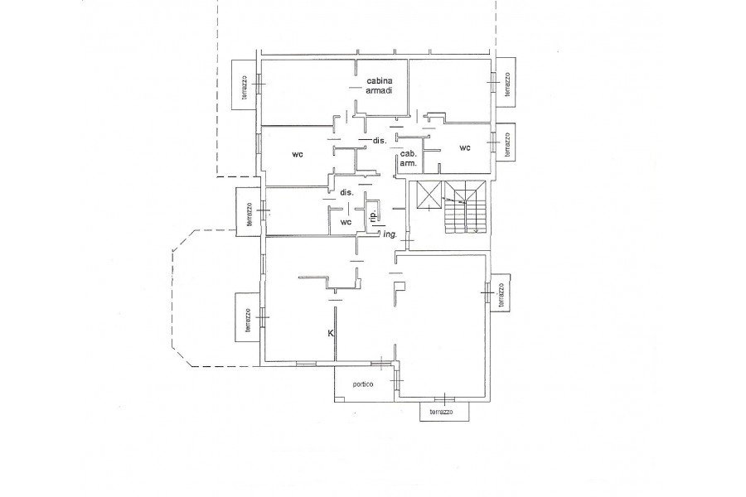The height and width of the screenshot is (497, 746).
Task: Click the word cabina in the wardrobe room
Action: [x=379, y=81]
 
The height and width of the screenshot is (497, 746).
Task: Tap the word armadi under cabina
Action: [x=379, y=91]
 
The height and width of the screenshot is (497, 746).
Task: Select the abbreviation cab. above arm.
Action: [x=409, y=154]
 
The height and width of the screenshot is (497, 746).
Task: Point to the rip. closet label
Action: [x=374, y=217]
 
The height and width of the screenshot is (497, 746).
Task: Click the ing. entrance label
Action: [x=390, y=234]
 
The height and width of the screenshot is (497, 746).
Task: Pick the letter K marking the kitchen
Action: [x=331, y=333]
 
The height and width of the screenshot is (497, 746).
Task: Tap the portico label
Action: [x=363, y=384]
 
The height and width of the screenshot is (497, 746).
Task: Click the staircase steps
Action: [x=465, y=207]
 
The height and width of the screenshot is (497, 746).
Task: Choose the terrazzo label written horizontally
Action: [x=441, y=413]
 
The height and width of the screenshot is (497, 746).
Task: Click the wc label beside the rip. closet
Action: [x=346, y=222]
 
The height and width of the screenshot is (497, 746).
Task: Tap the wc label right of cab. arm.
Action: [x=465, y=148]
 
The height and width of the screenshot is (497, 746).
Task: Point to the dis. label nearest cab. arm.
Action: [x=379, y=141]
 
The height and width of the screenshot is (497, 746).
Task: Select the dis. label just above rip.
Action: [x=346, y=193]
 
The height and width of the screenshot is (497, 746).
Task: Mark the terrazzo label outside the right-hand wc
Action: [x=507, y=145]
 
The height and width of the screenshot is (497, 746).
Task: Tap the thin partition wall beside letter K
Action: [x=335, y=334]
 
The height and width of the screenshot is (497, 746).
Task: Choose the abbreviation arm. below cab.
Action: [x=409, y=163]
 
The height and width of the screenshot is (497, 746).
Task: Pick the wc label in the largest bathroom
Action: [x=298, y=154]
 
